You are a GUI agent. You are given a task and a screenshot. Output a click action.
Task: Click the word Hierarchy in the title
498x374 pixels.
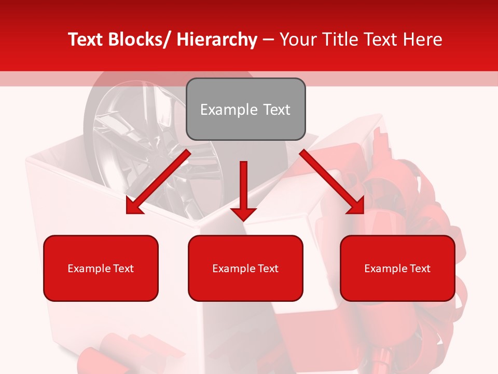(217, 40)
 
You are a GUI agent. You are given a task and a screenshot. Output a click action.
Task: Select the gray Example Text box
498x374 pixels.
(245, 109)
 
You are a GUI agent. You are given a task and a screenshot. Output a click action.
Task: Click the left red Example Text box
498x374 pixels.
(101, 268)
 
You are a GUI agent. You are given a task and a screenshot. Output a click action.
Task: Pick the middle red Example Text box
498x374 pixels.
(245, 268)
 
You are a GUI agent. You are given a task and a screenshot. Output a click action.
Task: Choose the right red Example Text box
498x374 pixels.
(397, 268)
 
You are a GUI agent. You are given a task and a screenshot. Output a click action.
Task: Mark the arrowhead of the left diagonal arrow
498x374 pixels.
(134, 207)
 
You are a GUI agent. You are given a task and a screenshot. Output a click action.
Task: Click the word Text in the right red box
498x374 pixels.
(420, 269)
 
